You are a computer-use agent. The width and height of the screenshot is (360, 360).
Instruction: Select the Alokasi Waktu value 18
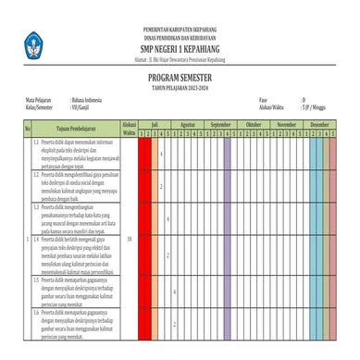[x=129, y=239]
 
